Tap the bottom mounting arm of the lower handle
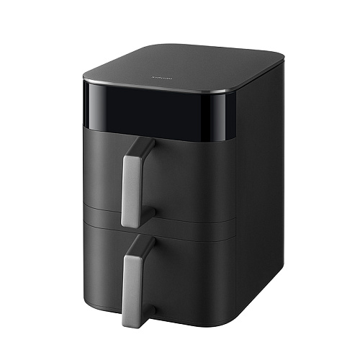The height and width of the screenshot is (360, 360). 149,311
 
